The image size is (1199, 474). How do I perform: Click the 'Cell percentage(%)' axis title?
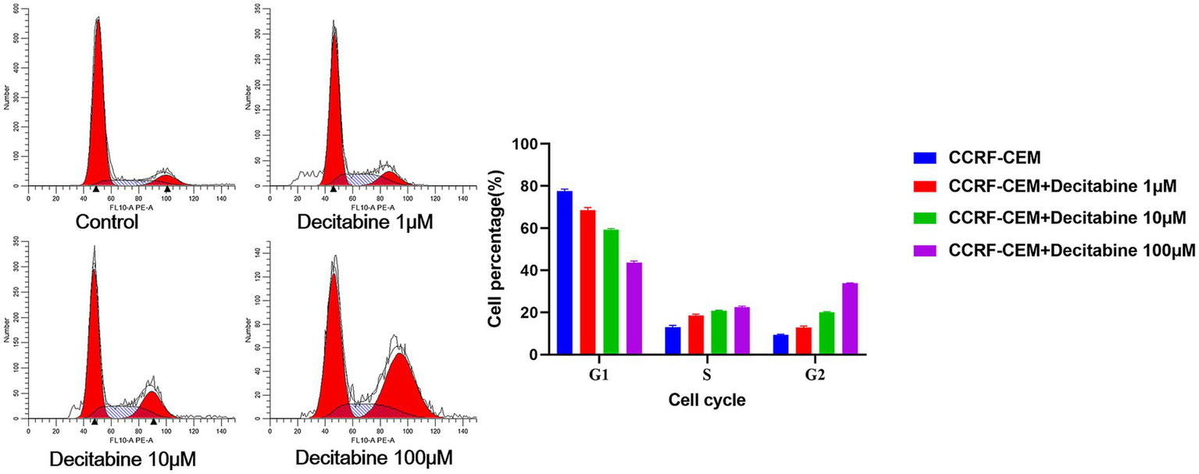494,250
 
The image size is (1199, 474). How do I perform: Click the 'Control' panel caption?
107,223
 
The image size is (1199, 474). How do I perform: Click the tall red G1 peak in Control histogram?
98,117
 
